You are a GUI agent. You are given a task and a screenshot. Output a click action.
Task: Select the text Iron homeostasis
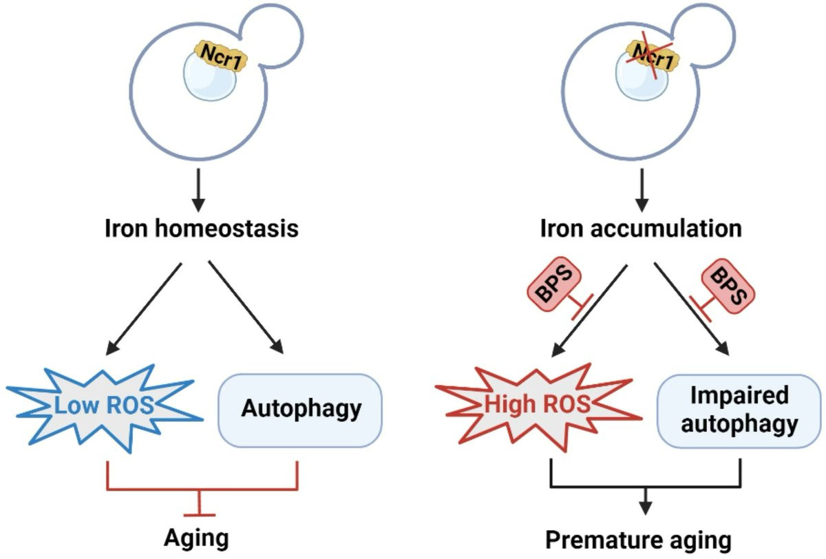coord(202,228)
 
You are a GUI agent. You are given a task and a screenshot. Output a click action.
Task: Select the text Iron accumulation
coord(642,228)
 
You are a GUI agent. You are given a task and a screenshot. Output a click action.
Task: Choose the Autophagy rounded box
coord(301,409)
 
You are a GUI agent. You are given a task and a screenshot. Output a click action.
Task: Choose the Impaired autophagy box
coord(740,409)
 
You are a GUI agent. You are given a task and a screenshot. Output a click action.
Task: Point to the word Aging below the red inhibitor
coord(195,538)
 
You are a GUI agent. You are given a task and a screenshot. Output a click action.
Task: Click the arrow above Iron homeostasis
coord(198,187)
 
